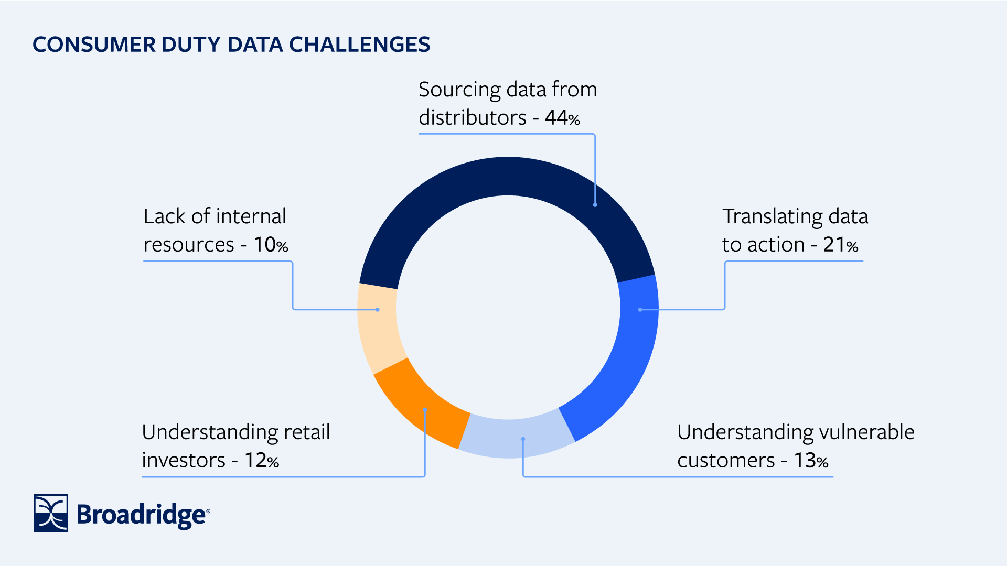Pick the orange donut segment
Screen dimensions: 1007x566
[420, 404]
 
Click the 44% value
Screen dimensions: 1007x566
[562, 117]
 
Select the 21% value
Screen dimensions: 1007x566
[840, 245]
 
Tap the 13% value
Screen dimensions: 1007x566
[811, 461]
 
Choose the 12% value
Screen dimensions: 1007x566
[262, 461]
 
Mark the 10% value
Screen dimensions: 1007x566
[271, 245]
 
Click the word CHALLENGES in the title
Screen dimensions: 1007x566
[360, 45]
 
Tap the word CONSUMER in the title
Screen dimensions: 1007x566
[94, 45]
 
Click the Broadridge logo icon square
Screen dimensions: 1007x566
[51, 513]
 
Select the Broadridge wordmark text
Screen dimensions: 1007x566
[143, 515]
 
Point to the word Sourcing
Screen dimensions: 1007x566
[459, 90]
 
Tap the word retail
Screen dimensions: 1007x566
[307, 432]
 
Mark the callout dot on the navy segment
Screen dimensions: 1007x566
[595, 205]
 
